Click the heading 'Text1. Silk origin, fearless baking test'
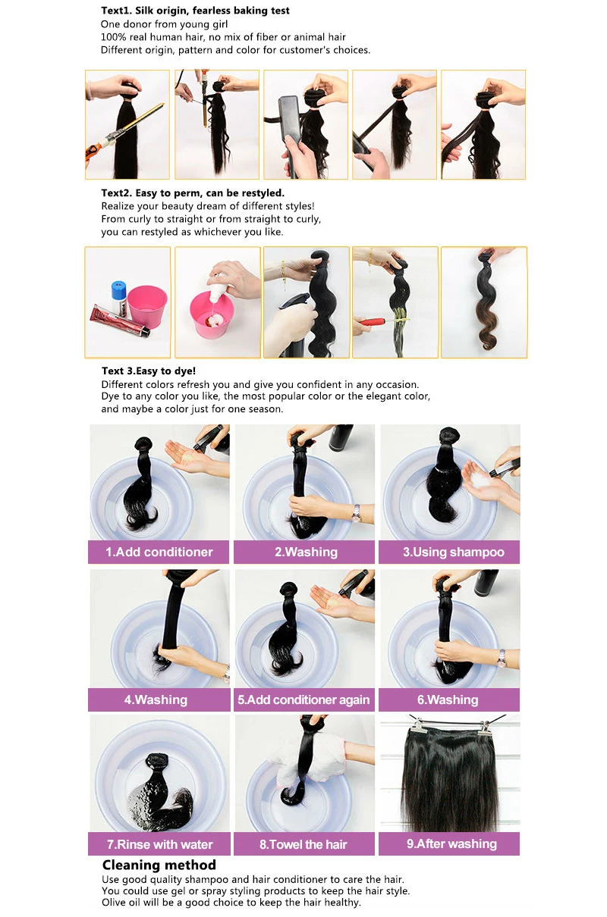(195, 11)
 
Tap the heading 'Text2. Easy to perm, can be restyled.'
(193, 192)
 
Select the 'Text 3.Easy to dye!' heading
(149, 371)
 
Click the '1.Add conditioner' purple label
(159, 552)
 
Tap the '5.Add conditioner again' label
(304, 699)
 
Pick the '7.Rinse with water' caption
(159, 844)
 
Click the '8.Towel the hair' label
(304, 844)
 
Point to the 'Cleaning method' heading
(159, 865)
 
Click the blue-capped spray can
(119, 299)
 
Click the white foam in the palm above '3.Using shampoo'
(482, 478)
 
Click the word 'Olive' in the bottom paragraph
(113, 903)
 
